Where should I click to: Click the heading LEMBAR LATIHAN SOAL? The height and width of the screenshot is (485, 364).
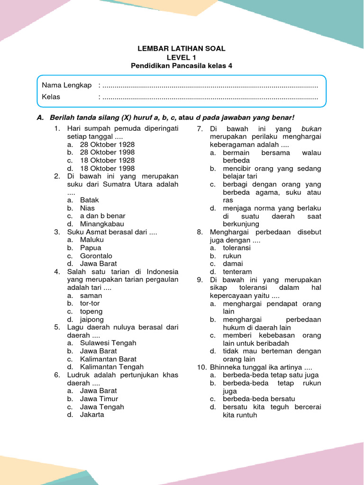tap(182, 49)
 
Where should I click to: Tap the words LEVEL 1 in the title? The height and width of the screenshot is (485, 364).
tap(182, 57)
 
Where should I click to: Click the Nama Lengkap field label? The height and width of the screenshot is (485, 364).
tap(66, 85)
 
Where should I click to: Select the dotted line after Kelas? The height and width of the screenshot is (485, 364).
tap(210, 98)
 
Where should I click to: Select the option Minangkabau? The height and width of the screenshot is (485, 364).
tap(102, 224)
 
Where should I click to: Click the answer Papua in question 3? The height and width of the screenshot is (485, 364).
tap(91, 248)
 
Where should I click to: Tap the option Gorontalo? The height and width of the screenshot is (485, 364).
tap(96, 256)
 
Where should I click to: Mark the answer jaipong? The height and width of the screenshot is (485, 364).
tap(92, 319)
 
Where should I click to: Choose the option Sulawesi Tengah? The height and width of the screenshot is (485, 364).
tap(108, 343)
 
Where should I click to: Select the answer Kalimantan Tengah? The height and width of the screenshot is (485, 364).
tap(111, 367)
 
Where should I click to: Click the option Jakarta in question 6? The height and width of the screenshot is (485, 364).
tap(92, 414)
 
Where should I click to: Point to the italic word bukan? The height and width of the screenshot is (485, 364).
tap(311, 129)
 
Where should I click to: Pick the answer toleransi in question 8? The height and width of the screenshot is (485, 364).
tap(237, 248)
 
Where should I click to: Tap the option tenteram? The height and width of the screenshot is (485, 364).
tap(237, 271)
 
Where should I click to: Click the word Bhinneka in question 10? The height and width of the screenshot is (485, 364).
tap(225, 367)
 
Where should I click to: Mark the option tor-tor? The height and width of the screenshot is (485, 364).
tap(90, 303)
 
